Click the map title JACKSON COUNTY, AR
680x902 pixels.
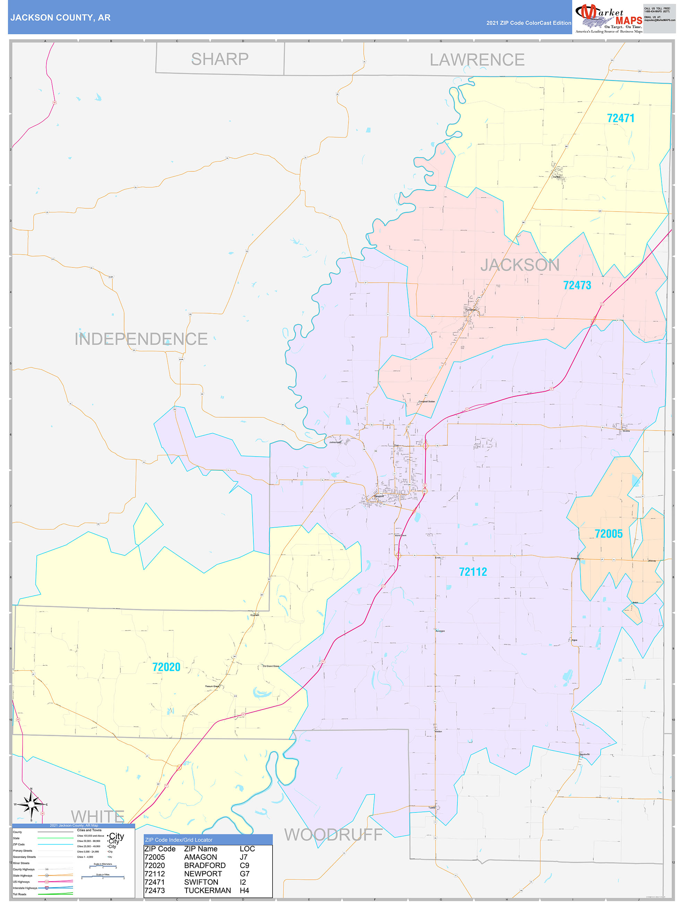tap(60, 18)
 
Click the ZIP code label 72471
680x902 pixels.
tap(620, 118)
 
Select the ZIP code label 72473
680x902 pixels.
tap(577, 286)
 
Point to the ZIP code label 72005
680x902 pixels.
tap(608, 534)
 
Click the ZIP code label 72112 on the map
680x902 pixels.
tap(473, 572)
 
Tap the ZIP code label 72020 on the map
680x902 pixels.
tap(166, 667)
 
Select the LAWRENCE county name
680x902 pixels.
tap(477, 60)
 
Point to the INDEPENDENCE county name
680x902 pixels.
tap(141, 339)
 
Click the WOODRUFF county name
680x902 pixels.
tap(333, 835)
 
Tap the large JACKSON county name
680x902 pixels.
tap(520, 265)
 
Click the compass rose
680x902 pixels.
tap(31, 805)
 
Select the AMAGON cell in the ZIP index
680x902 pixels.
tap(200, 857)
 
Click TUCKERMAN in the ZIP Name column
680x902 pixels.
tap(207, 891)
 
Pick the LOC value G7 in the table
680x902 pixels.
tap(244, 874)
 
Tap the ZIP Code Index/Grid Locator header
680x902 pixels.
tap(179, 840)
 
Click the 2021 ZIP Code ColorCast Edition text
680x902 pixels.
tap(528, 23)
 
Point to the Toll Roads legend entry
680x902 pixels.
tap(19, 894)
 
